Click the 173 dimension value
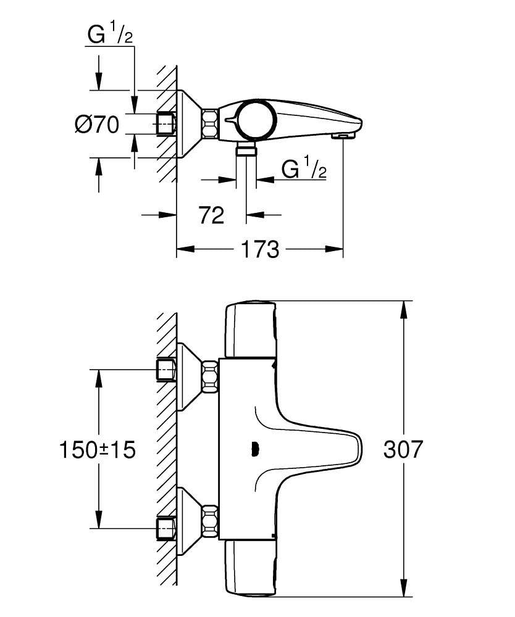[x=259, y=249]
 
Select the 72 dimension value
[x=211, y=215]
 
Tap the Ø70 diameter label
[x=97, y=125]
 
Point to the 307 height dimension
[x=403, y=449]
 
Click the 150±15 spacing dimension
[x=98, y=450]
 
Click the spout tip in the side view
[x=341, y=134]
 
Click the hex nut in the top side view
[x=210, y=123]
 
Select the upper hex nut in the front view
[x=210, y=376]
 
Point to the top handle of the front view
[x=250, y=330]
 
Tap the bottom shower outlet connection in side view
[x=246, y=151]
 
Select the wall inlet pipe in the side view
[x=166, y=123]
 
